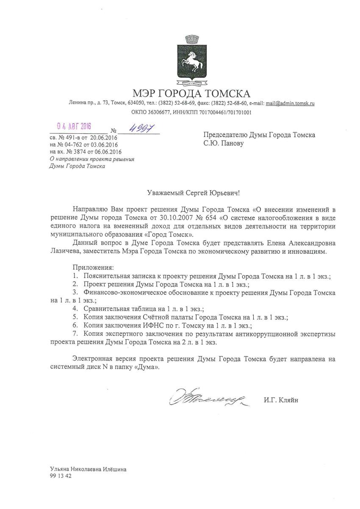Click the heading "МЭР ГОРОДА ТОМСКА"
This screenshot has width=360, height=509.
point(191,93)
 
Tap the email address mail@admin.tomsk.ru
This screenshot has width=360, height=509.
point(290,103)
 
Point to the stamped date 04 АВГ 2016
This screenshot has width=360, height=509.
point(75,127)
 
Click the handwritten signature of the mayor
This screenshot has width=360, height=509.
point(206,398)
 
